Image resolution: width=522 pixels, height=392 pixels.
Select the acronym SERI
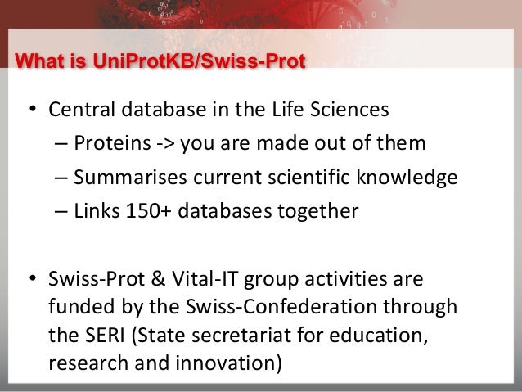101,336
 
